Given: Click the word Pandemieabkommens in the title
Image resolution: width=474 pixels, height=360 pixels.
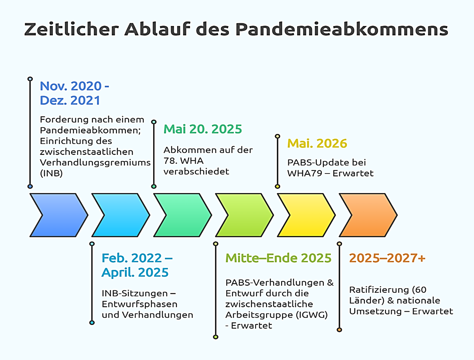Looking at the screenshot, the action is click(342, 29).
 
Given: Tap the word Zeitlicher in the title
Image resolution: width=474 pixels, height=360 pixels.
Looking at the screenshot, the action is click(72, 29).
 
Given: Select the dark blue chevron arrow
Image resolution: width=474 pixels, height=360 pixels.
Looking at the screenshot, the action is click(59, 215).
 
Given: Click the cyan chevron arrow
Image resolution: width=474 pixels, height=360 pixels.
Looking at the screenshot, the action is click(121, 215).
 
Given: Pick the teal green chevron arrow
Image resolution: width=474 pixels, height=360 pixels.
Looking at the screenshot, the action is click(182, 215).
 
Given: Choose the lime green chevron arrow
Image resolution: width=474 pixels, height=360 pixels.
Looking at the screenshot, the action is click(244, 215).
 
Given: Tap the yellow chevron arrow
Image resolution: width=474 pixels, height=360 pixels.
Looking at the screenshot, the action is click(306, 215).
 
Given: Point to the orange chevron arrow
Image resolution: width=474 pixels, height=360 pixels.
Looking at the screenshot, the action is click(368, 215).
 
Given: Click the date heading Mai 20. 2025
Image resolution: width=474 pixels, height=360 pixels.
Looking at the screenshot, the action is click(203, 129).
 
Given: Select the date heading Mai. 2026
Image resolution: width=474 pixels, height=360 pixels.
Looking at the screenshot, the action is click(317, 143).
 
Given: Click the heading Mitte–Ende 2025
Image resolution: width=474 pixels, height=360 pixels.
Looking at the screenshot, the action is click(278, 258).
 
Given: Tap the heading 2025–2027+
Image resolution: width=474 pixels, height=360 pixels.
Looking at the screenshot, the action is click(387, 258).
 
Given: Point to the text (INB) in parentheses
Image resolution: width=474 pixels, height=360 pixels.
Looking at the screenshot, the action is click(51, 173).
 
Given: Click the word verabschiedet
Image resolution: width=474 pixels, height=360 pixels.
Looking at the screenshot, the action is click(196, 171).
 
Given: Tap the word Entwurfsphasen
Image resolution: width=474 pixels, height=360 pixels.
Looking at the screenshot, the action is click(140, 304).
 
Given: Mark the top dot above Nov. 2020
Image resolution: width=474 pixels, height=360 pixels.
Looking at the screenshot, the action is click(30, 79).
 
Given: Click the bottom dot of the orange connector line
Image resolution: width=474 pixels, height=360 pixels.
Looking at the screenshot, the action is click(339, 330).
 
